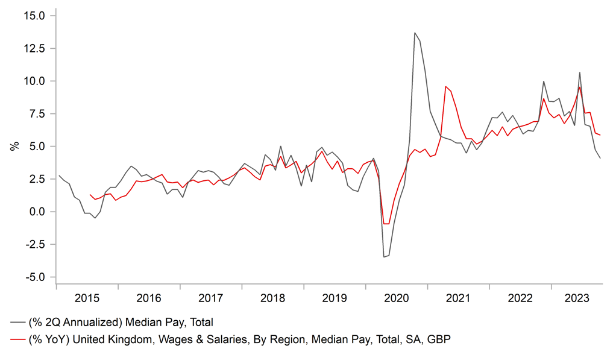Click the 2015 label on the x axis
(x=87, y=298)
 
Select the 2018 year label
(x=272, y=298)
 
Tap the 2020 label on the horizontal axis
(x=396, y=298)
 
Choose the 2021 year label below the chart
(x=458, y=298)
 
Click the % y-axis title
(x=14, y=146)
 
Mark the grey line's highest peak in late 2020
(x=415, y=33)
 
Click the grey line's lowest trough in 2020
(x=384, y=257)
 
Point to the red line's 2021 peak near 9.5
(x=445, y=87)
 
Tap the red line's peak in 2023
(x=580, y=87)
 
